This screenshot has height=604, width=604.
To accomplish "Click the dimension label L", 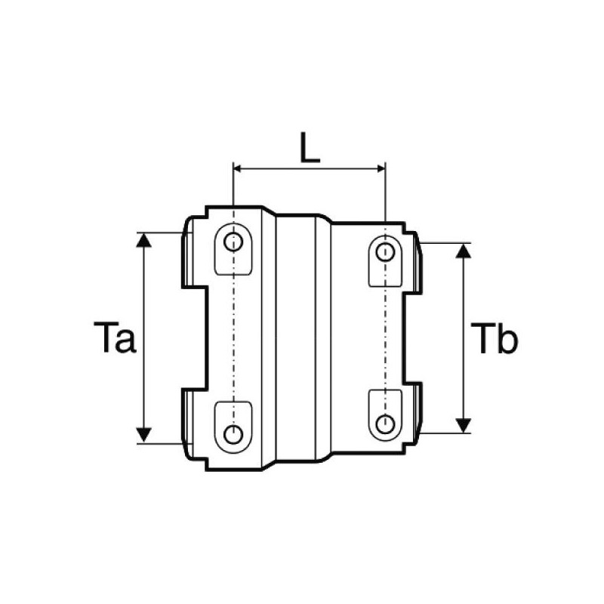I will (310, 148).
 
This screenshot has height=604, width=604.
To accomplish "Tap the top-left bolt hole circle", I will (234, 242).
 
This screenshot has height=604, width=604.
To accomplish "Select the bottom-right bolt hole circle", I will (385, 423).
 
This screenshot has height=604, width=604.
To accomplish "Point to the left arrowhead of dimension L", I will (239, 168).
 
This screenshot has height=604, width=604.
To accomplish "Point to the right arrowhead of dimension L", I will (381, 168).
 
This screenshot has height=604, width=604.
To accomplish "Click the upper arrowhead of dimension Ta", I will (143, 239).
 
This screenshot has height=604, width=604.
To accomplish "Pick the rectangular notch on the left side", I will (195, 337).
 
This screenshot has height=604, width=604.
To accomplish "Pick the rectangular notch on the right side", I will (414, 337).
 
